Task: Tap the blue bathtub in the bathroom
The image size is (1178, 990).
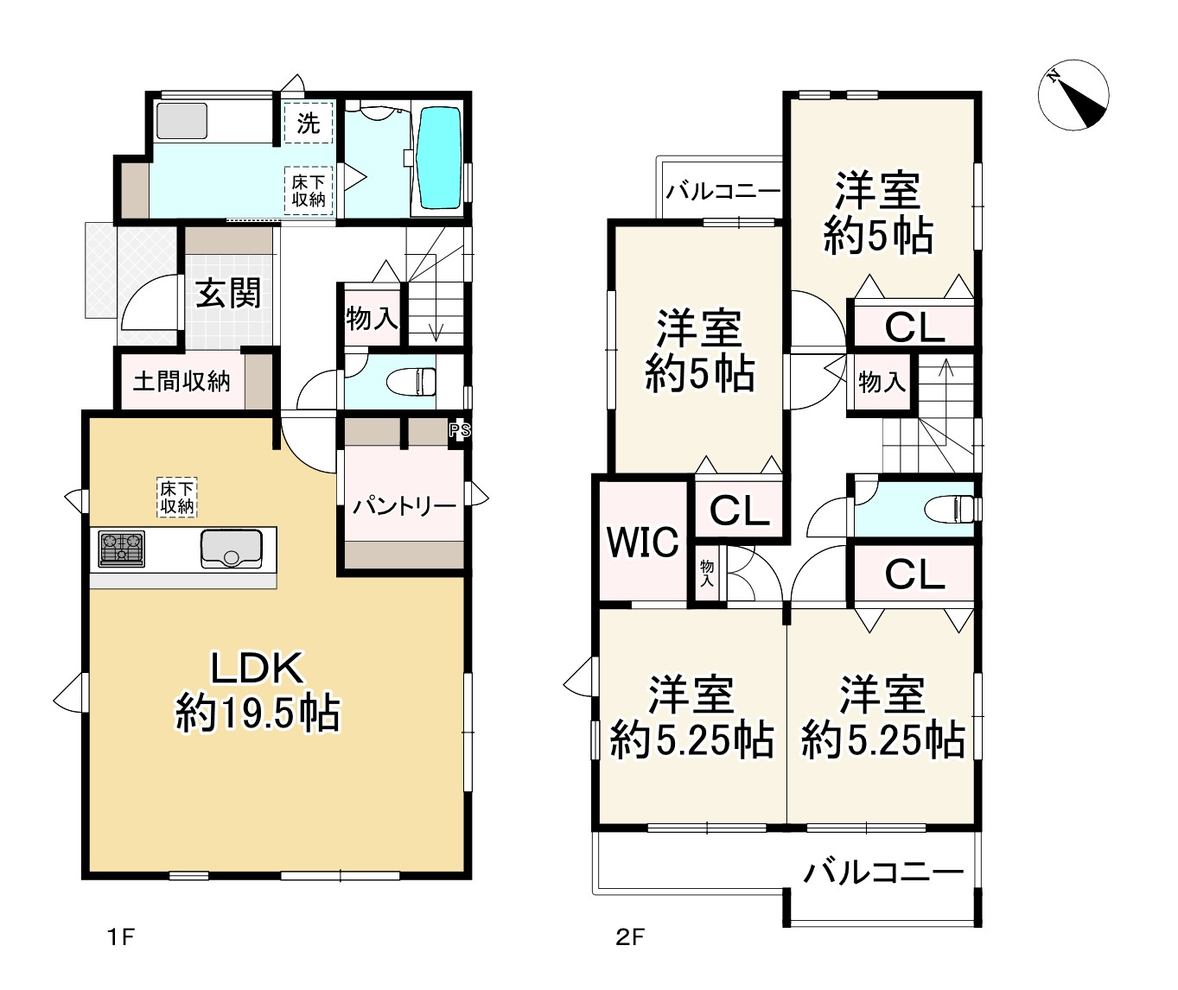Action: tap(440, 157)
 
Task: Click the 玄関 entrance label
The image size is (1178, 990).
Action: tap(228, 293)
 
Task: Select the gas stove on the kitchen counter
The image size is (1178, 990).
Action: tap(121, 549)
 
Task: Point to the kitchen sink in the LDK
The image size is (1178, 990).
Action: tap(232, 549)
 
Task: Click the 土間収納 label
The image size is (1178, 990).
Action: tap(181, 381)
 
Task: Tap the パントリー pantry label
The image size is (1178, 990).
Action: tap(404, 507)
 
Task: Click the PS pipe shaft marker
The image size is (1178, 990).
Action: tap(459, 431)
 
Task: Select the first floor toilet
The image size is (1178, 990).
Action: tap(411, 381)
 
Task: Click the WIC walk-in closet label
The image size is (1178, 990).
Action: tap(643, 542)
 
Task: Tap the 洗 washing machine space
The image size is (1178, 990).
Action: tap(308, 123)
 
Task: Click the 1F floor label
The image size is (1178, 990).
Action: tap(121, 937)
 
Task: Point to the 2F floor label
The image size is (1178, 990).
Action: tap(629, 937)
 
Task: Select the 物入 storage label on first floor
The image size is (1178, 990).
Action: tap(372, 319)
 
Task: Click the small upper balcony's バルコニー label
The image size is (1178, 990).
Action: tap(723, 192)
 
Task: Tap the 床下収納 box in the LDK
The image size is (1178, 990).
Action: tap(176, 497)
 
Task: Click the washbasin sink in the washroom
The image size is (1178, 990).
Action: tap(181, 121)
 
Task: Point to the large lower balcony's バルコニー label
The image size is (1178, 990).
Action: tap(883, 873)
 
